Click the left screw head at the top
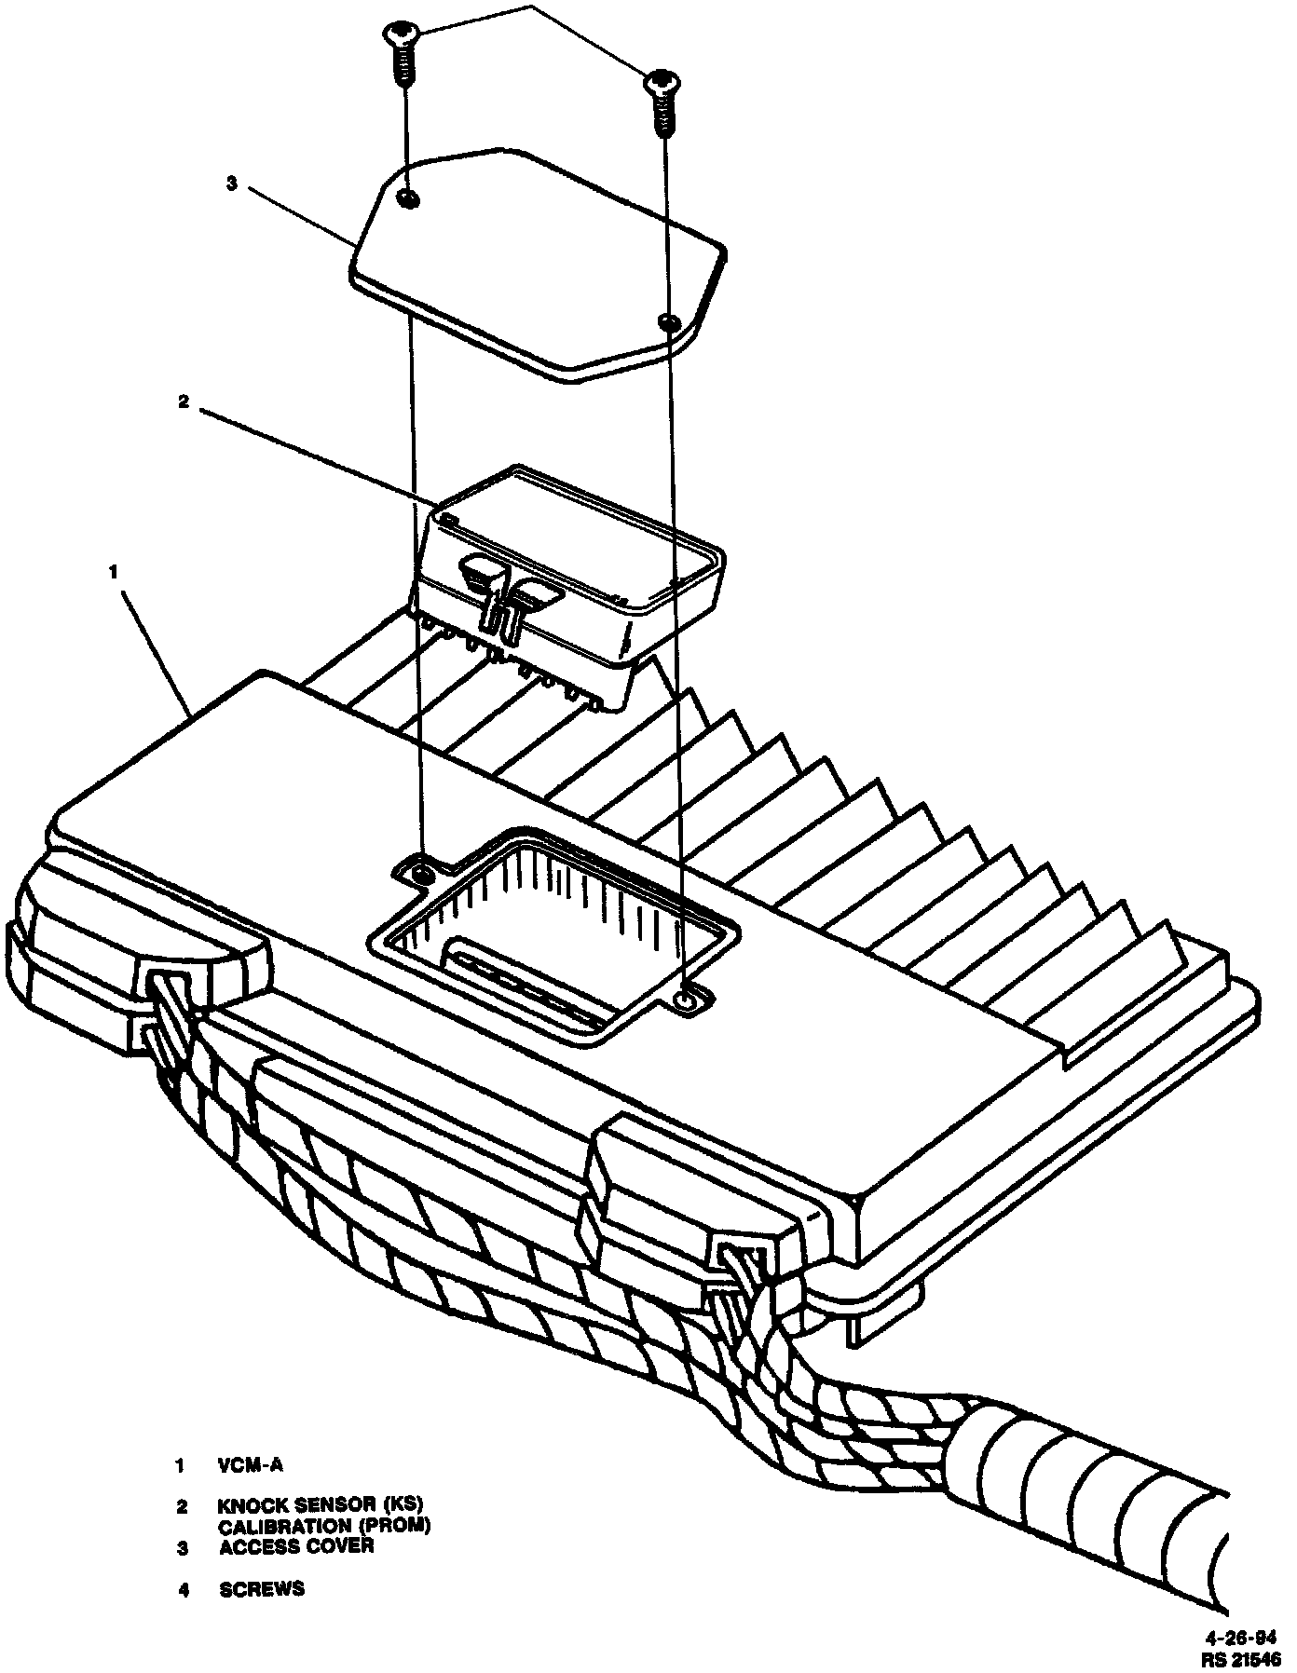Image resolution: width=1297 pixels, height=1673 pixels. [x=402, y=35]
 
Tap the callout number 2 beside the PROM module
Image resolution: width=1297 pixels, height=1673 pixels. [x=184, y=401]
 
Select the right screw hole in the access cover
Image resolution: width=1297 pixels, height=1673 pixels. [x=667, y=322]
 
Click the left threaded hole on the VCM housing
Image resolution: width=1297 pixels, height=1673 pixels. [x=422, y=874]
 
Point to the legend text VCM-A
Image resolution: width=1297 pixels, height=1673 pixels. [x=250, y=1464]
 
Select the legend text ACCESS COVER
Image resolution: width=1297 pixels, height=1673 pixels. [x=296, y=1546]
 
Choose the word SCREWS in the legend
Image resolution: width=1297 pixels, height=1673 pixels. [x=262, y=1588]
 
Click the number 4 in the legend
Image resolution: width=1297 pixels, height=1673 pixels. [x=184, y=1589]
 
